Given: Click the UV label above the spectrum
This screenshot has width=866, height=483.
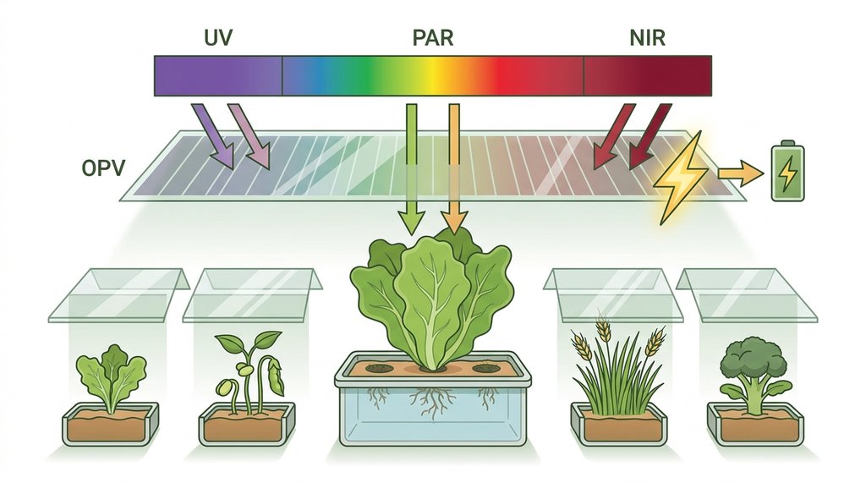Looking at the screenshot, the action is point(218,38).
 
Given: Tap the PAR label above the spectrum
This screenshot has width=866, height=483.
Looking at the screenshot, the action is point(433,38).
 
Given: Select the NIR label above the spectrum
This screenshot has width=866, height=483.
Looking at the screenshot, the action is point(647,38).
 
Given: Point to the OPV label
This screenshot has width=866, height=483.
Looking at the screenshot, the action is point(103,168).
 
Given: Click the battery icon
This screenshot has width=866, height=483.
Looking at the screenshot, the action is point(788,172).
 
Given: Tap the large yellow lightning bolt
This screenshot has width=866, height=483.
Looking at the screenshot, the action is point(681,177).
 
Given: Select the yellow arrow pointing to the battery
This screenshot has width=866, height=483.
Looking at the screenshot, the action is point(741,173).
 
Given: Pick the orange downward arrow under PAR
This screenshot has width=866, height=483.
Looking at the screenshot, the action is point(453,168).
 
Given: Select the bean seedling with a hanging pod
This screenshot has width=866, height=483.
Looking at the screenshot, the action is point(249,371).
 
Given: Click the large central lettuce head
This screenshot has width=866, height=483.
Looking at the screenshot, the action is point(432,299).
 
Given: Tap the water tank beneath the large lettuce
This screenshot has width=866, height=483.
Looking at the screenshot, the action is point(432,407).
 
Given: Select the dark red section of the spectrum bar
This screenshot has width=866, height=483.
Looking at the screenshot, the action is point(647,76).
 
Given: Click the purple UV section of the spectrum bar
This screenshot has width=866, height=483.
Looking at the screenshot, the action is point(218,76).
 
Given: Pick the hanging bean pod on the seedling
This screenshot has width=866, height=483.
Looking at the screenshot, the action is point(275,376).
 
